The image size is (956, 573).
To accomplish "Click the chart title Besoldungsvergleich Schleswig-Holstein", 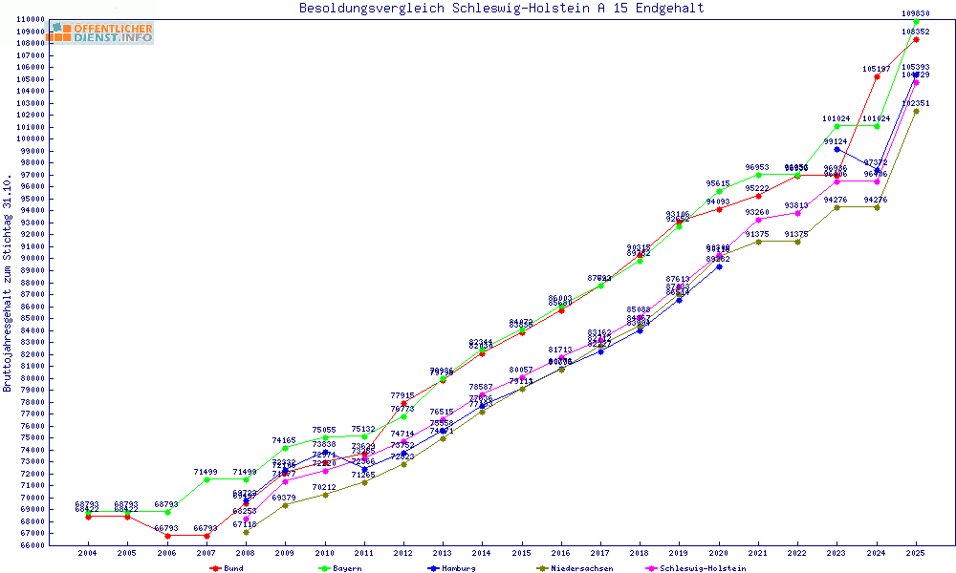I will (x=501, y=9).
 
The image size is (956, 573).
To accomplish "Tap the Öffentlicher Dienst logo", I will (x=102, y=32).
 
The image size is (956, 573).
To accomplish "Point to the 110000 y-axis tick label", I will (x=33, y=19).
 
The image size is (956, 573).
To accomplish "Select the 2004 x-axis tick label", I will (x=88, y=553).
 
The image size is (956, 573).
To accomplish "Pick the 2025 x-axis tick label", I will (x=916, y=553).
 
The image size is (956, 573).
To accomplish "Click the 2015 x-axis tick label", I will (x=522, y=553).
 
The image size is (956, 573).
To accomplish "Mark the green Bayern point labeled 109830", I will (x=916, y=21).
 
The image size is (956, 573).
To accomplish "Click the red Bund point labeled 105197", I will (x=877, y=76).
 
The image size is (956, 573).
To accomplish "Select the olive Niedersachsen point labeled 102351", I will (x=916, y=111).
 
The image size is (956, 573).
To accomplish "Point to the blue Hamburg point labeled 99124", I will (x=837, y=149).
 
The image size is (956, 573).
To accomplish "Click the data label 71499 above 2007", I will (x=206, y=473).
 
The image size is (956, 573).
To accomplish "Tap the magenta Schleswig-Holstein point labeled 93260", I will (x=758, y=220).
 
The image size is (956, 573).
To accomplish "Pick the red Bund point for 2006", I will (x=167, y=536).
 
